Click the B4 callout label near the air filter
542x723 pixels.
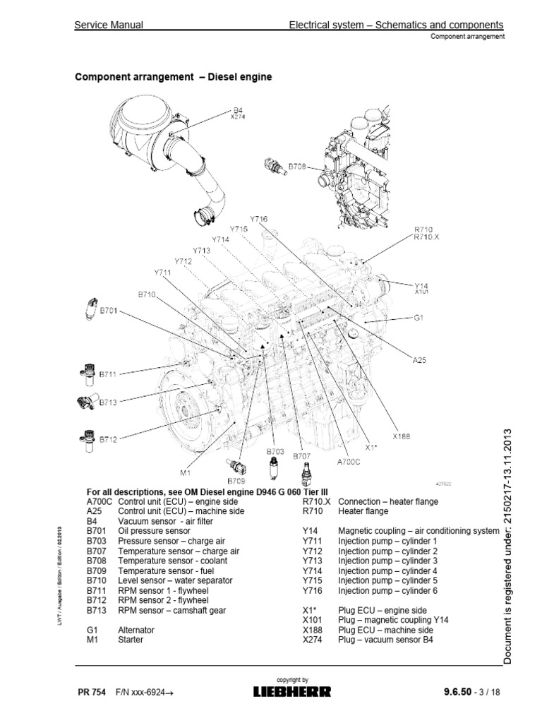[x=237, y=110]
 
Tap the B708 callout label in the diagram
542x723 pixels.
[x=298, y=167]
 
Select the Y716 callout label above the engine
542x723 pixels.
[x=259, y=220]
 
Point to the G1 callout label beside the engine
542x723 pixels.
[x=418, y=318]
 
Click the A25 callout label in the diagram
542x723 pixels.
[x=420, y=359]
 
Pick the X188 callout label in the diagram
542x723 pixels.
[x=402, y=436]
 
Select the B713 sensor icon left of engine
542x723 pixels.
[x=84, y=402]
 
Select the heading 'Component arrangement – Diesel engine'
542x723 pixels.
[x=174, y=77]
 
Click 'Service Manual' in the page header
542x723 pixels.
[x=109, y=25]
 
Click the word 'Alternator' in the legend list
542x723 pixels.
[x=136, y=629]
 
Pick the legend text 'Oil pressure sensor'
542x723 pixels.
[x=154, y=530]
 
